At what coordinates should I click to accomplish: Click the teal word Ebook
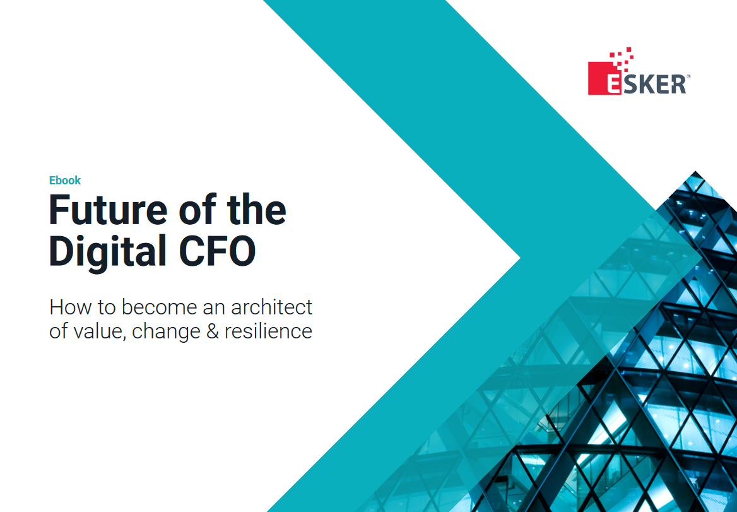(65, 180)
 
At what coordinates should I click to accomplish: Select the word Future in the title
(108, 210)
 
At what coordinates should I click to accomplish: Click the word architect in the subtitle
(272, 307)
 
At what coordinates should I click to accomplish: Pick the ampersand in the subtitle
(213, 331)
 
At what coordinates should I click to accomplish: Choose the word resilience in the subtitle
(268, 331)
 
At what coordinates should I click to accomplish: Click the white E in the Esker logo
(613, 84)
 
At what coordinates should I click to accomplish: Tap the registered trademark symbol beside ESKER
(688, 76)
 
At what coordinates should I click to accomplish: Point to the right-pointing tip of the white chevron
(520, 258)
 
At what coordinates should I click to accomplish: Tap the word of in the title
(196, 210)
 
